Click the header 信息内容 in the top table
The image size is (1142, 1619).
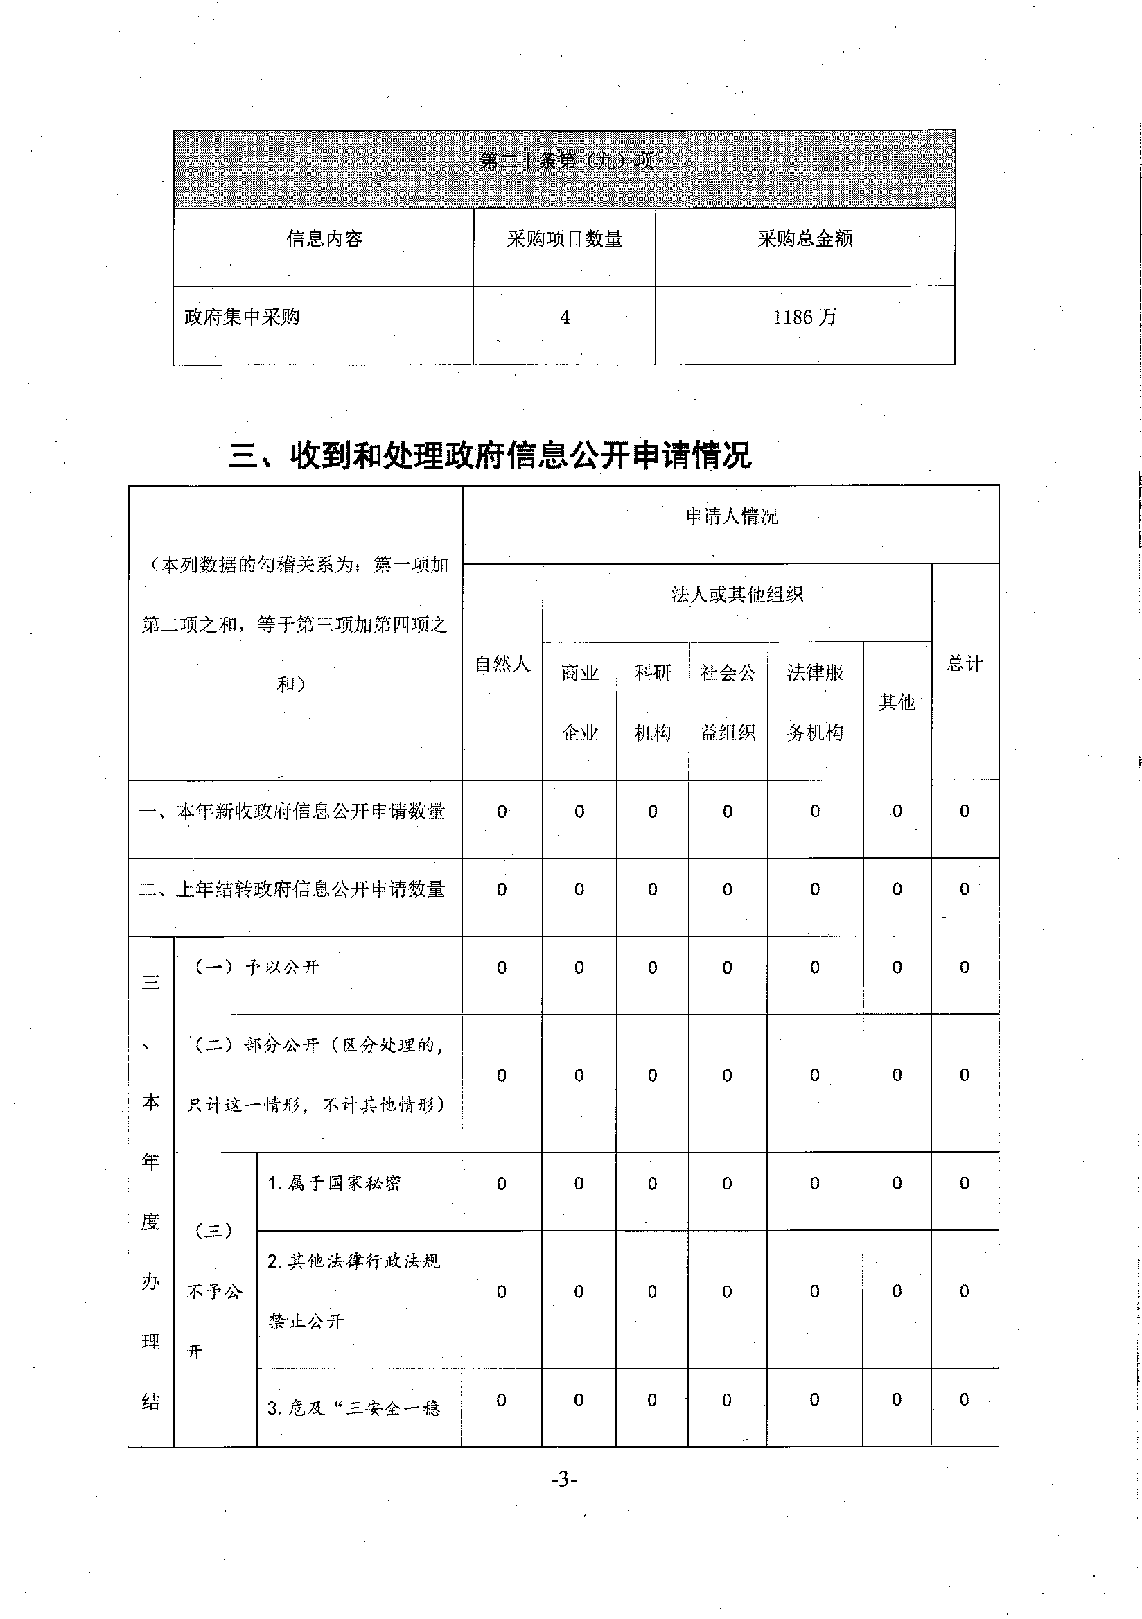324,239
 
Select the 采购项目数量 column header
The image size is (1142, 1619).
564,239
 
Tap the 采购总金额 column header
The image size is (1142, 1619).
805,239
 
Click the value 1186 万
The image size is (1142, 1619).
805,317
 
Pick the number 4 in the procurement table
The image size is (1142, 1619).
565,317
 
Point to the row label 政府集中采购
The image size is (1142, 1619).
242,317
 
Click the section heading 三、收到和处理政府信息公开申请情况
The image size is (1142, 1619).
490,455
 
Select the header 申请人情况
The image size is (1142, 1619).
732,516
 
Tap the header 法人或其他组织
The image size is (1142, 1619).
737,595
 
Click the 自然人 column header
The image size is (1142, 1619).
502,663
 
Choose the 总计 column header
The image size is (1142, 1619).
965,663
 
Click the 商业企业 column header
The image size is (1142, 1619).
579,702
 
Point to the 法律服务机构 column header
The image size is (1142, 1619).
815,702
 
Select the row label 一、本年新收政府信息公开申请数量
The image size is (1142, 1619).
292,812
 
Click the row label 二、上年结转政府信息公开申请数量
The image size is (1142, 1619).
292,890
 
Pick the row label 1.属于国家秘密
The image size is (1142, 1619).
334,1183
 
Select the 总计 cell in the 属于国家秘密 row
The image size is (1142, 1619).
965,1183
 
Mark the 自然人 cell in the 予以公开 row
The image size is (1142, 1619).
502,968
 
